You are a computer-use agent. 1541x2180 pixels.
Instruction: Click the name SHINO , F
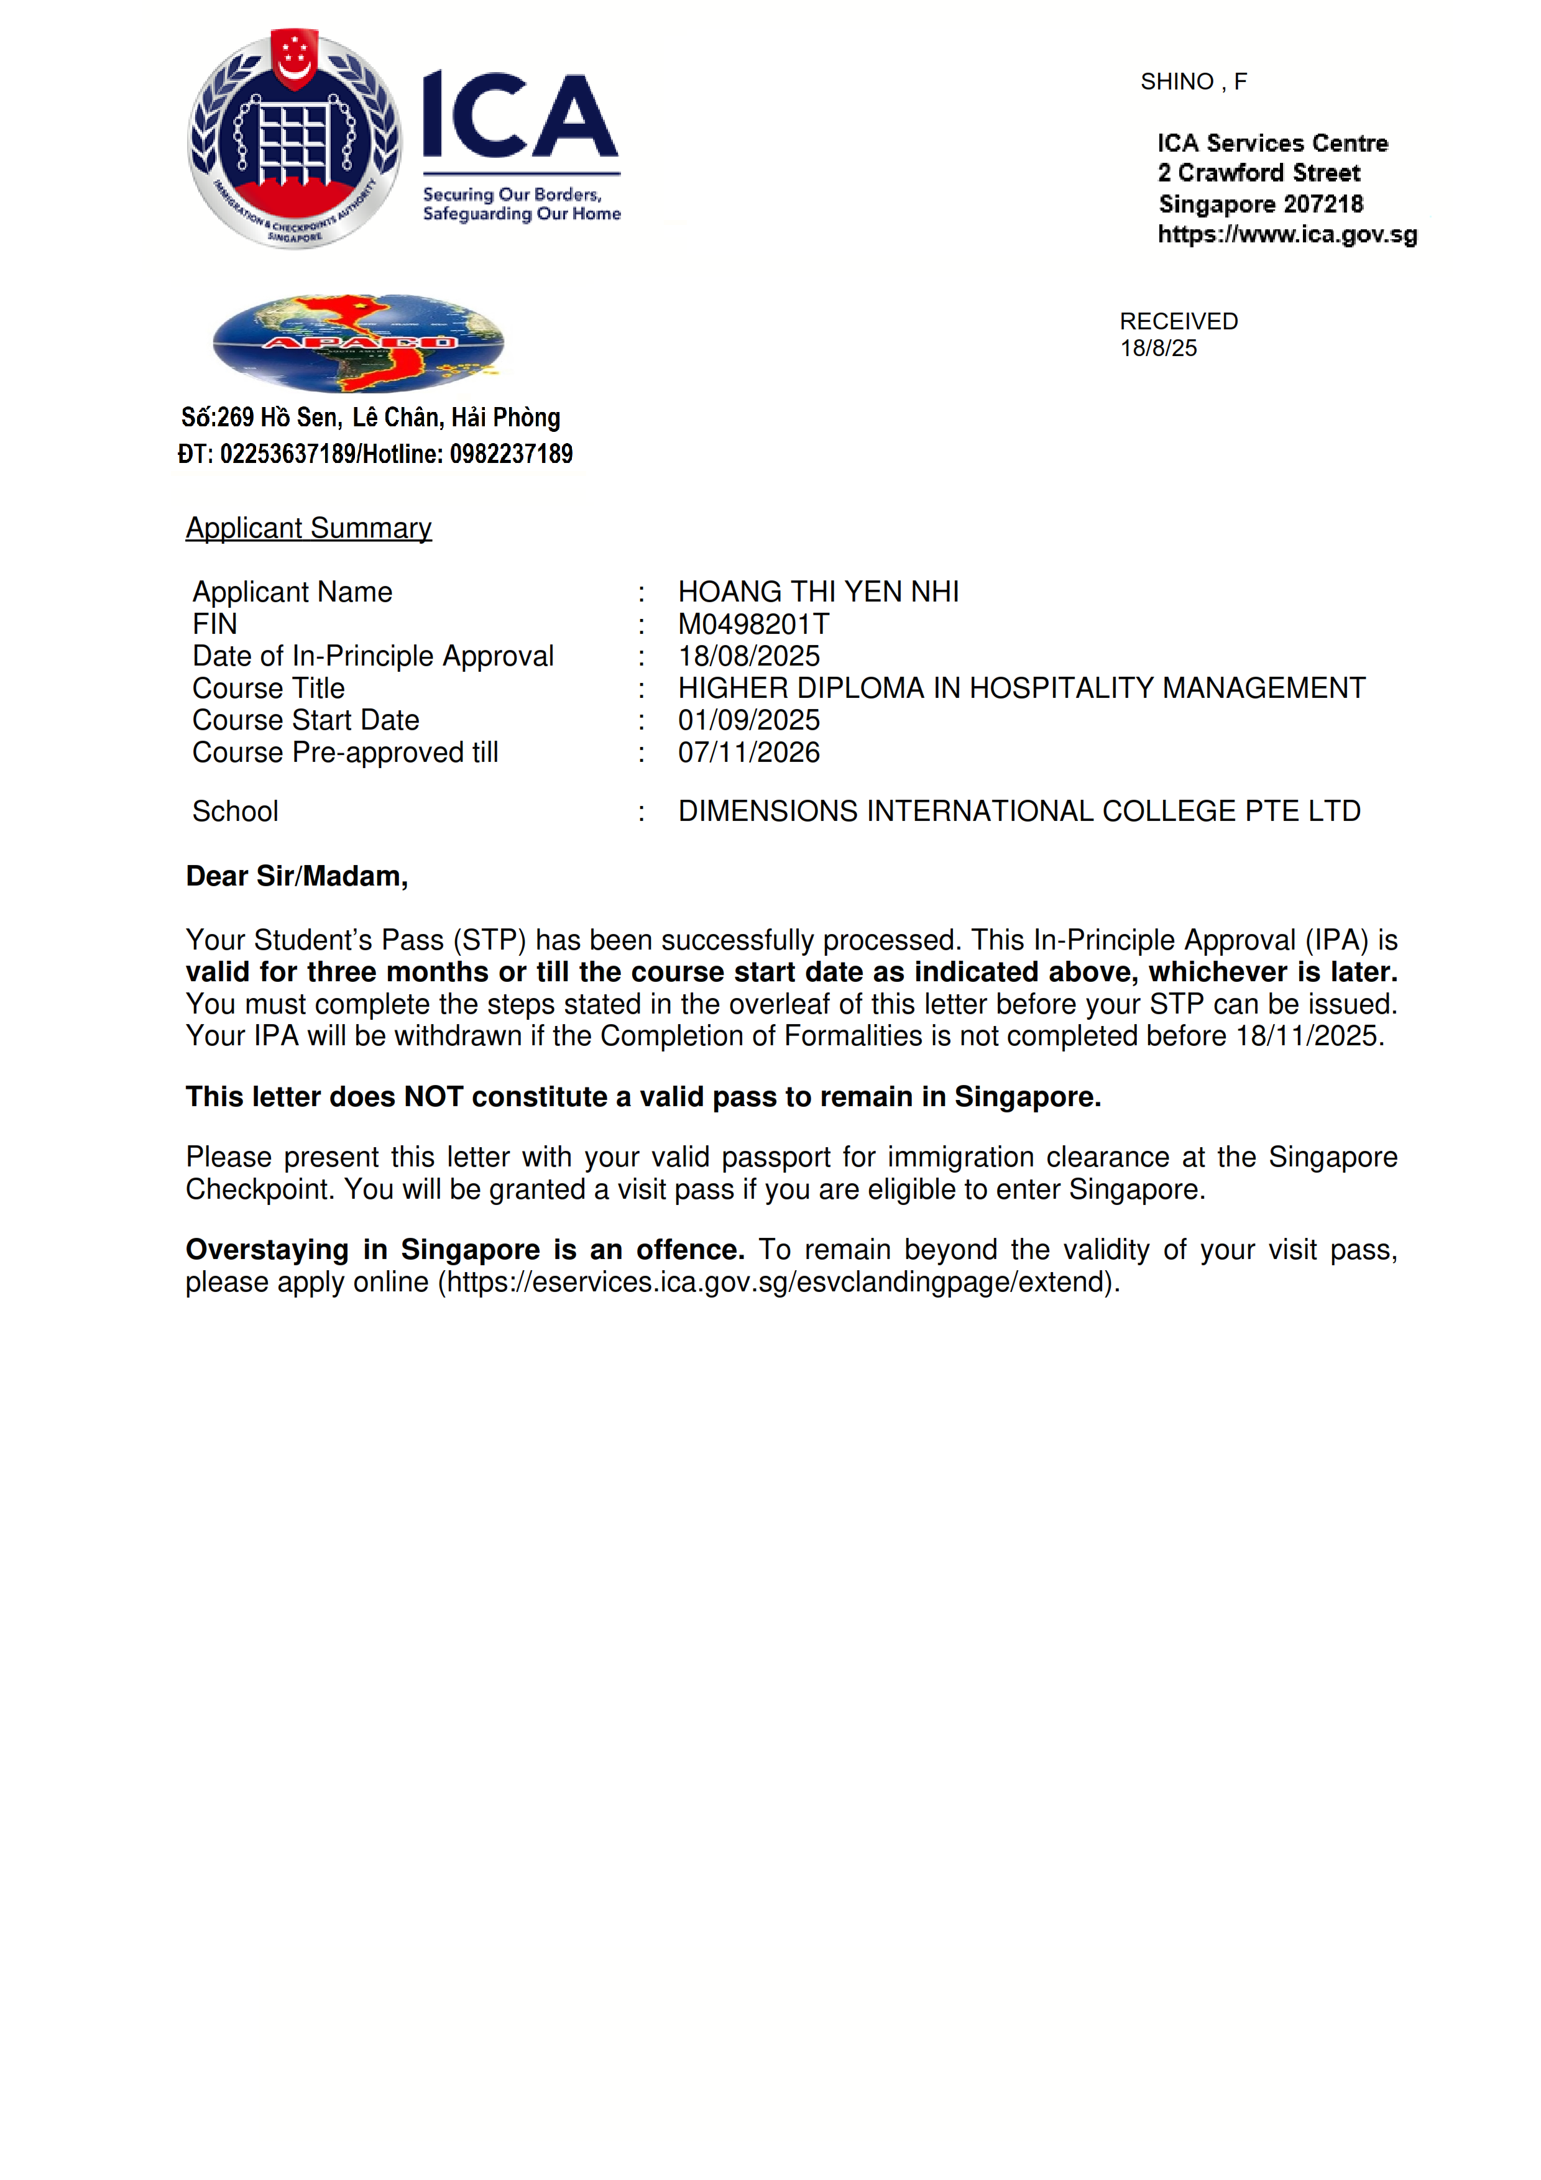1194,81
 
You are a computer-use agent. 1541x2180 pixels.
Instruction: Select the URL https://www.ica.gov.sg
1287,234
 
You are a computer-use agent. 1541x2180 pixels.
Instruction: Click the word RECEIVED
1179,321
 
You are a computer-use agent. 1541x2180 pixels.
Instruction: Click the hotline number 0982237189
511,454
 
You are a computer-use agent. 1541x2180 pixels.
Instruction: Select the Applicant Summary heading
308,528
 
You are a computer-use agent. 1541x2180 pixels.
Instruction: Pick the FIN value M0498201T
753,624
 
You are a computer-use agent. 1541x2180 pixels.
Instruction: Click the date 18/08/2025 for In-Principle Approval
748,656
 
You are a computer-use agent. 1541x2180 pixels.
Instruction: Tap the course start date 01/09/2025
748,720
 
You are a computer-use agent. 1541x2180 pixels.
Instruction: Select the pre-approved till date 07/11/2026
748,752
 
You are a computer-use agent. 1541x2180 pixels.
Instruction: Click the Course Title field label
269,689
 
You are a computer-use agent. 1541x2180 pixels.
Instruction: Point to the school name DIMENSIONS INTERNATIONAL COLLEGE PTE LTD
1019,811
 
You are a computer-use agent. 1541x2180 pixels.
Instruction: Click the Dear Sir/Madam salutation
297,876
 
